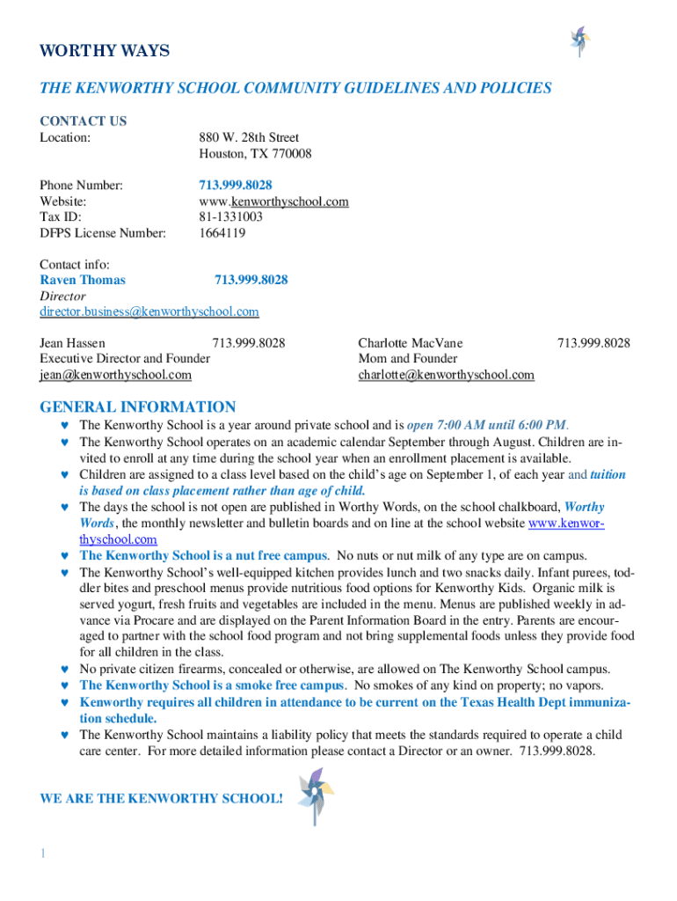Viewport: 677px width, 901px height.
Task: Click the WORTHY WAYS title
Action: point(105,51)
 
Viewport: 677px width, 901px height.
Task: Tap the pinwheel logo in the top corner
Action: point(579,40)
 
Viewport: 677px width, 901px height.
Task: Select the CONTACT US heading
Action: point(84,121)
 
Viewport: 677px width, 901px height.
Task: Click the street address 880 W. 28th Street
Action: point(249,137)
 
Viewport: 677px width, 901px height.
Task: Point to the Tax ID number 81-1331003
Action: point(231,217)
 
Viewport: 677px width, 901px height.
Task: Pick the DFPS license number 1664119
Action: point(222,233)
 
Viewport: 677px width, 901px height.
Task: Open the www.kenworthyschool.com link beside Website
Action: point(274,201)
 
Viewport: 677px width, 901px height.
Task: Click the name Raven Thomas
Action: point(83,280)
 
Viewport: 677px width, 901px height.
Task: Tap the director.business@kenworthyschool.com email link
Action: point(149,311)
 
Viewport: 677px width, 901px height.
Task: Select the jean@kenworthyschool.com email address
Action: point(115,375)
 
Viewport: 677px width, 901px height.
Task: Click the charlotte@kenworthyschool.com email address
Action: point(446,375)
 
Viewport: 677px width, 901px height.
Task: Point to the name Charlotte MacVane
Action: point(411,343)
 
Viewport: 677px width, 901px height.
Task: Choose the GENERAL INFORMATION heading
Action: point(138,407)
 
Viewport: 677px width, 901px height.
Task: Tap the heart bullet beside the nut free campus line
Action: point(64,556)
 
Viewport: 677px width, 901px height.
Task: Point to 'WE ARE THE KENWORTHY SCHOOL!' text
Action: point(162,799)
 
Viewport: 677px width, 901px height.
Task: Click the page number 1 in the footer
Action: point(42,853)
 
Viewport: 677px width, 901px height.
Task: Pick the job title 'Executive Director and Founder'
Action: point(125,359)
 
